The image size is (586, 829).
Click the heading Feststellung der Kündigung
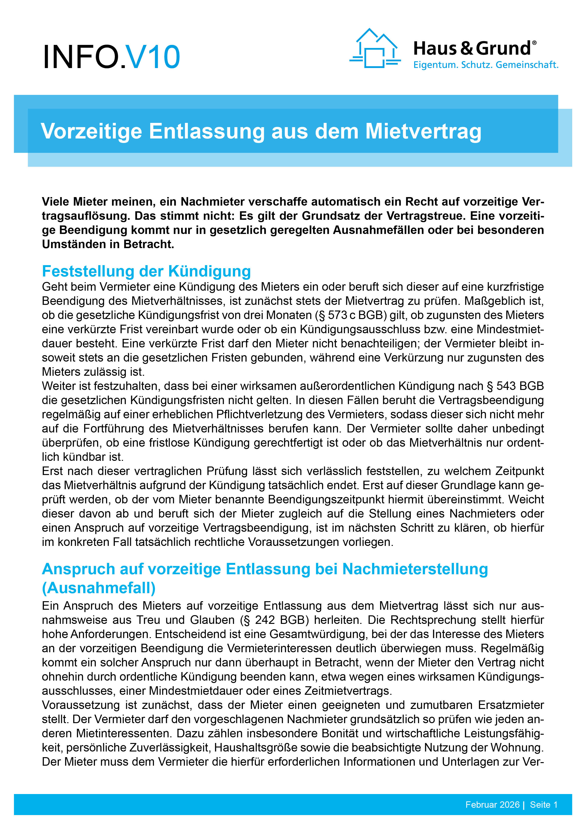[146, 271]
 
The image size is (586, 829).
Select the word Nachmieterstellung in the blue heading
[415, 569]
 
